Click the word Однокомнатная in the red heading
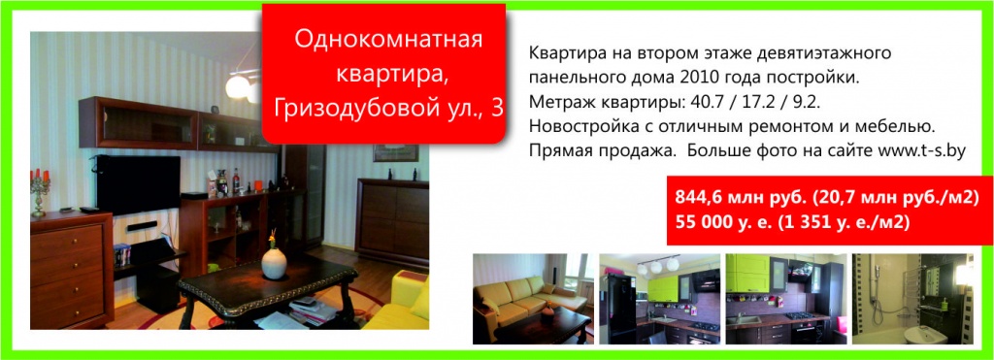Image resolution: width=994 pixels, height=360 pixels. tap(388, 39)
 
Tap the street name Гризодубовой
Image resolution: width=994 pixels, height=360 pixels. tap(363, 109)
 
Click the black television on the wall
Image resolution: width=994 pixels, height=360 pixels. tap(138, 183)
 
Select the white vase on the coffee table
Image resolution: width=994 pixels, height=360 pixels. tap(274, 262)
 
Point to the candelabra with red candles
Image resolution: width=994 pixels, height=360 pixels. tap(40, 188)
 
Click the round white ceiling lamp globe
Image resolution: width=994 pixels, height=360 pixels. tap(238, 86)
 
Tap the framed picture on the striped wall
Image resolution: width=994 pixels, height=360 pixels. tap(395, 152)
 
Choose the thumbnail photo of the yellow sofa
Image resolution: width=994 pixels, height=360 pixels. tap(533, 299)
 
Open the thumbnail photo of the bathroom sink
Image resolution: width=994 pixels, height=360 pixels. tap(912, 299)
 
